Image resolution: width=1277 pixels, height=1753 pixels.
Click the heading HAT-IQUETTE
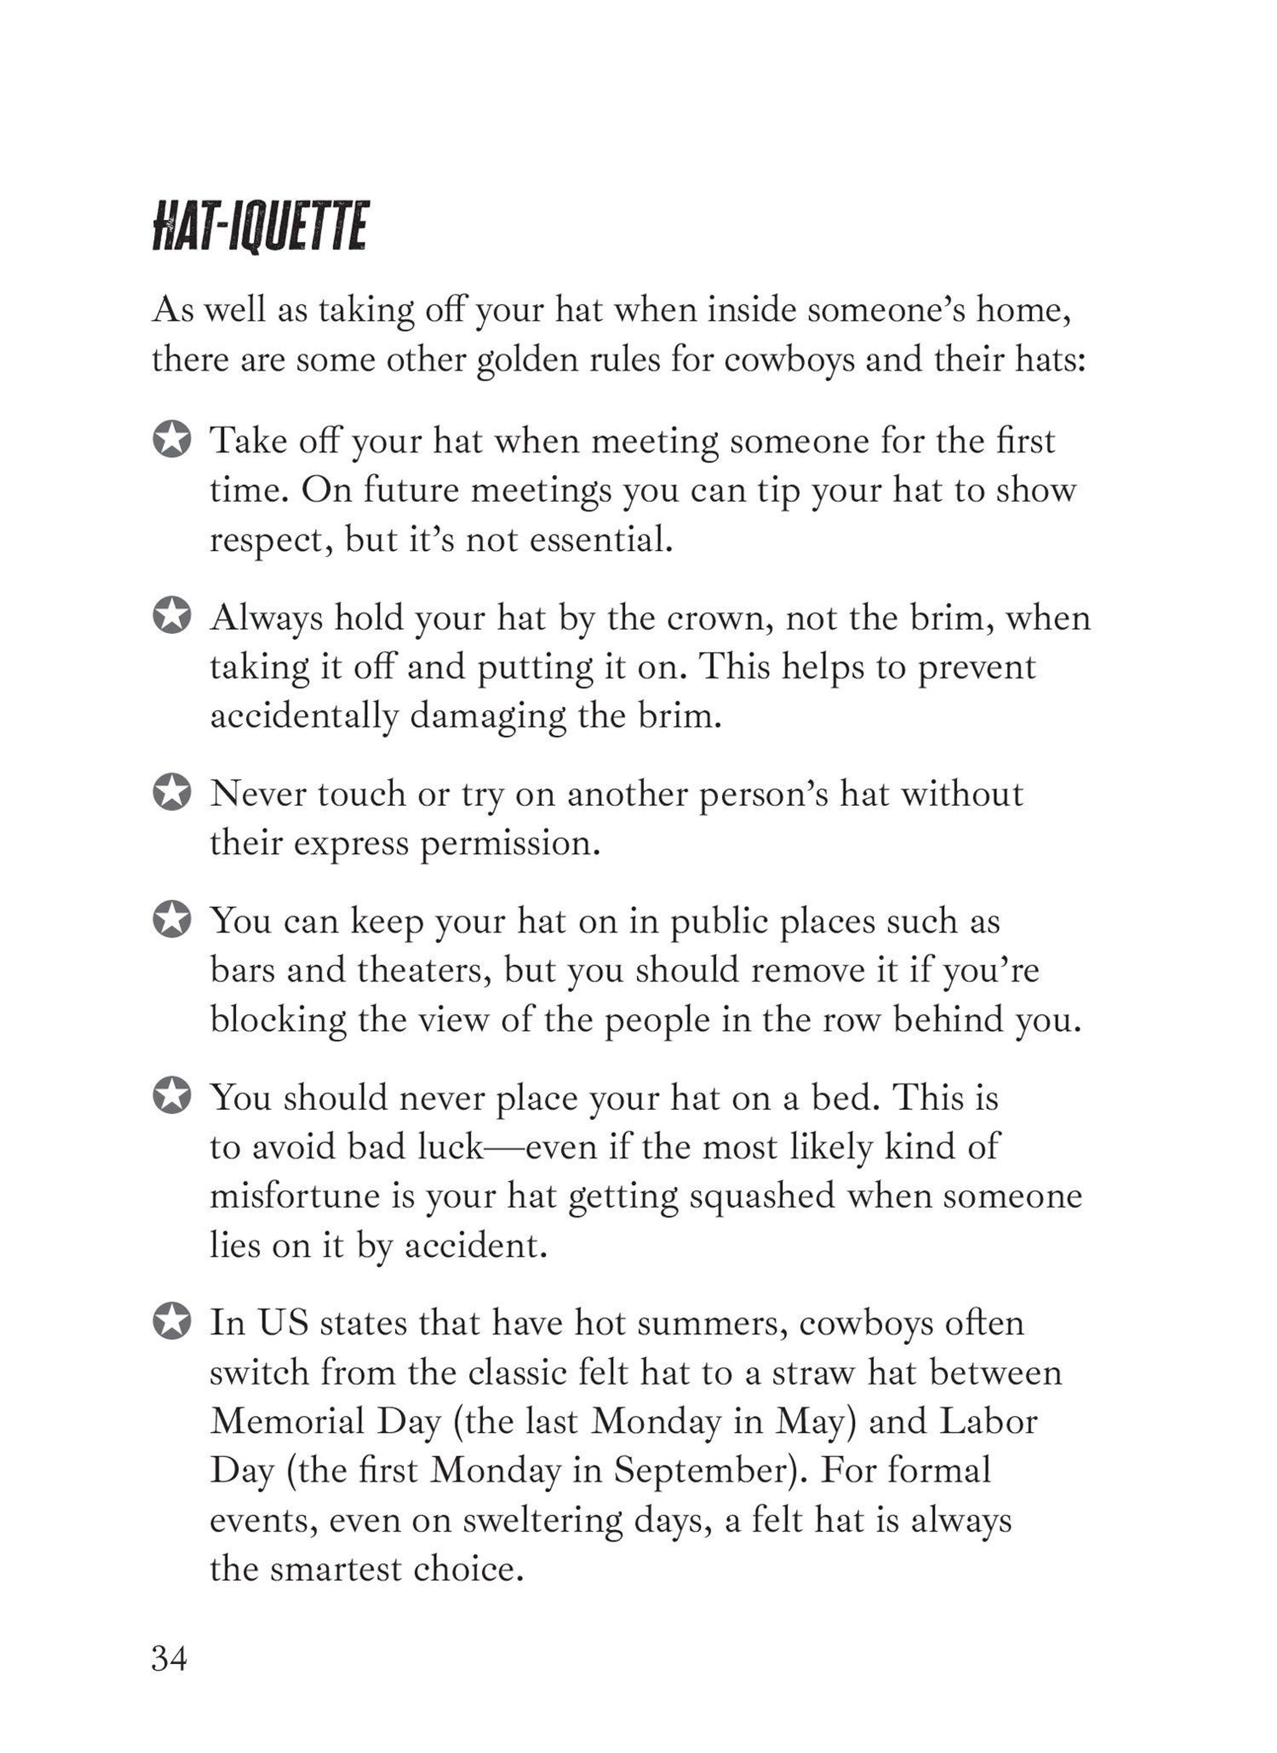coord(259,227)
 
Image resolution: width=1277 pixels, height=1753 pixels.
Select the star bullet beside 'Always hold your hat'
coord(172,617)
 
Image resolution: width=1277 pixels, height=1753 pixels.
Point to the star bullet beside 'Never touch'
coord(172,794)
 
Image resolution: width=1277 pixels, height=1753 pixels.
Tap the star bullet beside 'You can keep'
coord(172,921)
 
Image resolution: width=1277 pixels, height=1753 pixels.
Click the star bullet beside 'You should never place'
coord(172,1097)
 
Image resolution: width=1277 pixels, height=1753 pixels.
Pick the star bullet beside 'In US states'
coord(172,1322)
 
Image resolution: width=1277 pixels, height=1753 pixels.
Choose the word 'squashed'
coord(761,1196)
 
